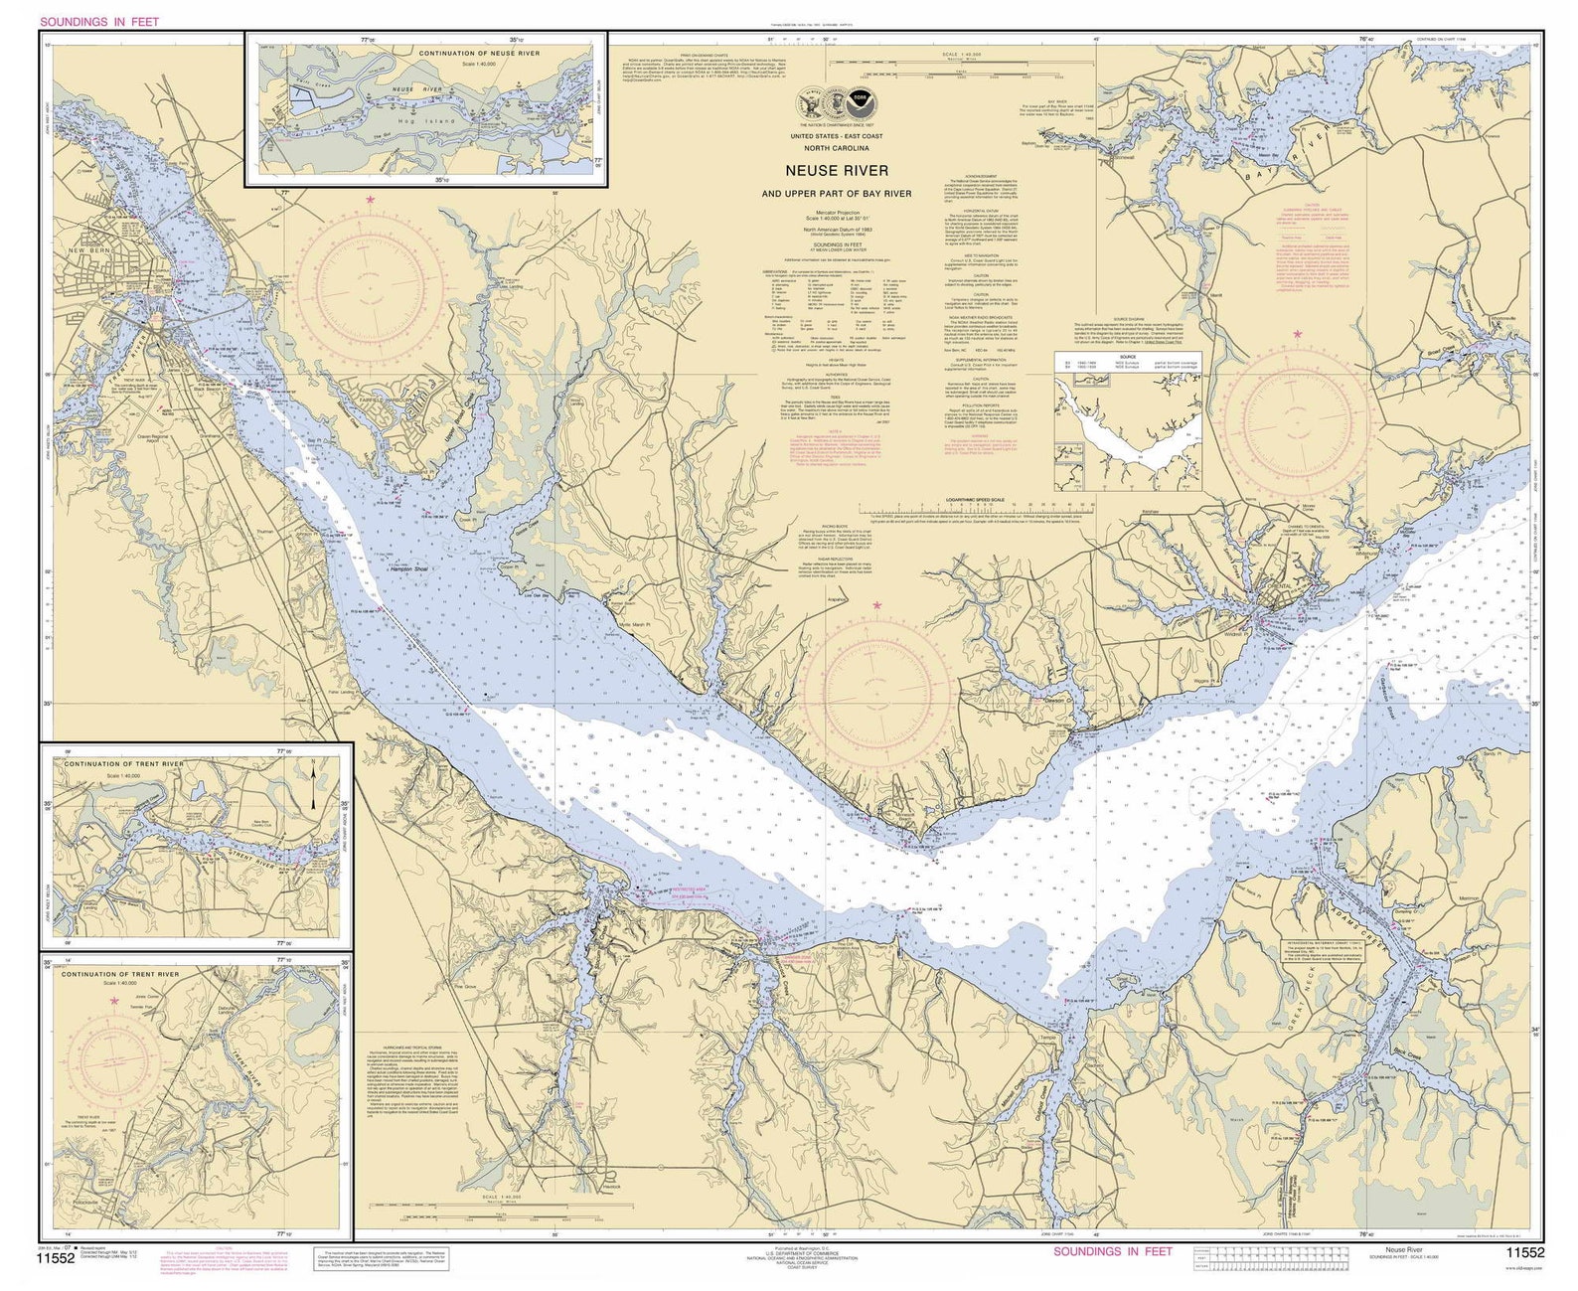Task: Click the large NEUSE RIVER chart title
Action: tap(840, 171)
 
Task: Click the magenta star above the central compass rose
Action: tap(876, 604)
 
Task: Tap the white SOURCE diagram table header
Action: tap(1127, 357)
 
